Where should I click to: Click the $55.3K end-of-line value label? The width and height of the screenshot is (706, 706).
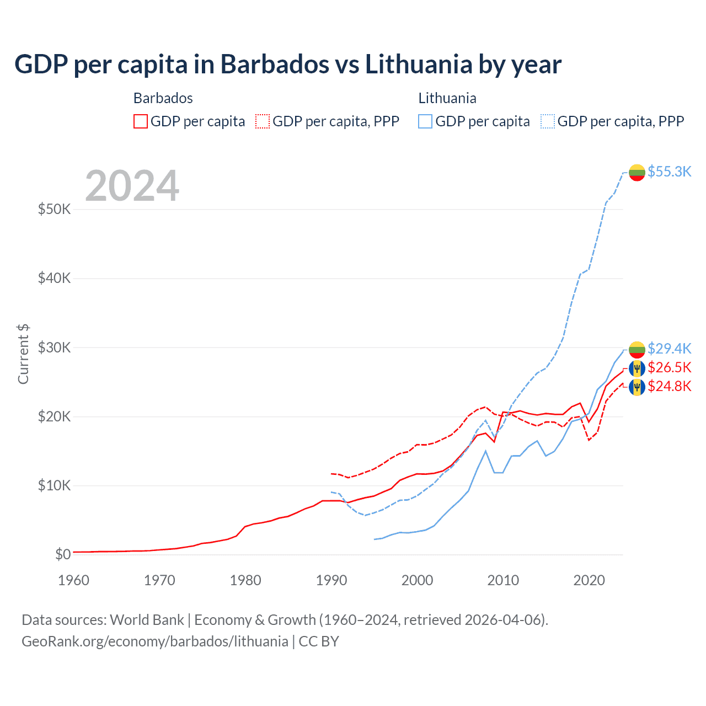[x=669, y=172]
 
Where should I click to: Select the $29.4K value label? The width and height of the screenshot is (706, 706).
[x=669, y=349]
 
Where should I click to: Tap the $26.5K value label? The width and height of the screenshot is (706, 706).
[x=669, y=367]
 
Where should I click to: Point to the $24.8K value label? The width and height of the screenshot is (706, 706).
[x=669, y=386]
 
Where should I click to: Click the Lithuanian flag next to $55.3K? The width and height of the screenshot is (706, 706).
[x=637, y=172]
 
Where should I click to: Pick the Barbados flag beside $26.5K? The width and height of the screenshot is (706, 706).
[x=637, y=368]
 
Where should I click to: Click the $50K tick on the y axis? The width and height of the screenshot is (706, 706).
[x=54, y=209]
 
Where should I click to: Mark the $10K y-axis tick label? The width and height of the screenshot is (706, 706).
[x=54, y=485]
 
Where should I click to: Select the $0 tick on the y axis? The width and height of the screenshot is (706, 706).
[x=63, y=554]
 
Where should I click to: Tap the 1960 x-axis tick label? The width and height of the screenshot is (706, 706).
[x=73, y=580]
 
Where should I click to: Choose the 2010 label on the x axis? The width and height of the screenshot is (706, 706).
[x=503, y=580]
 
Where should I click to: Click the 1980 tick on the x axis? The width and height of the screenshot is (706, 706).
[x=245, y=580]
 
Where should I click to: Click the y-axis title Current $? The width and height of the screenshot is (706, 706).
[x=23, y=354]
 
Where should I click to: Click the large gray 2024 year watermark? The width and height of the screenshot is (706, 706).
[x=132, y=186]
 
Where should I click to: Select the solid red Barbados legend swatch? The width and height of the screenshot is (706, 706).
[x=141, y=121]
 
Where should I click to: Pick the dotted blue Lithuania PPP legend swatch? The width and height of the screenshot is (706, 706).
[x=548, y=121]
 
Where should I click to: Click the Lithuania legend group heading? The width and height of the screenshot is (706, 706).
[x=447, y=98]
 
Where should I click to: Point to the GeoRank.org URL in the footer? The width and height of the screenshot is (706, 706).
[x=155, y=641]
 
